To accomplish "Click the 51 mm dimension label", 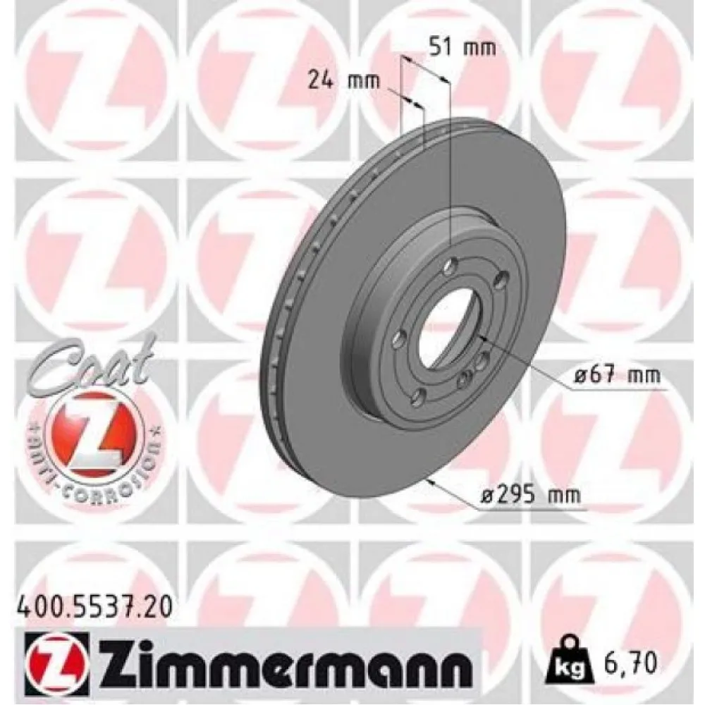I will pyautogui.click(x=462, y=48).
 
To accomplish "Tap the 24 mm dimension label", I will pyautogui.click(x=343, y=80).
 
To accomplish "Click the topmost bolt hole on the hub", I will pyautogui.click(x=451, y=265).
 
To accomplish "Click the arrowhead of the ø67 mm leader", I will pyautogui.click(x=482, y=339).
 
